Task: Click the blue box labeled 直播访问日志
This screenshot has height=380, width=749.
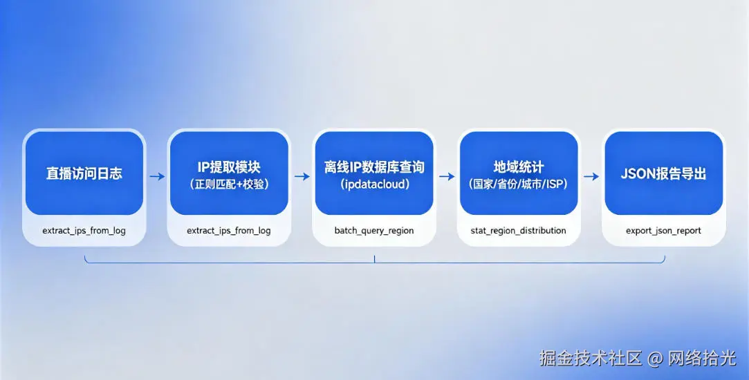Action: pyautogui.click(x=84, y=173)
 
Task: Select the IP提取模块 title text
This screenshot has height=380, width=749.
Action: pyautogui.click(x=229, y=167)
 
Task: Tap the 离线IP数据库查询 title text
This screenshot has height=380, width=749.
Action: pyautogui.click(x=374, y=167)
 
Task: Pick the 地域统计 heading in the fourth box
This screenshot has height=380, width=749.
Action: pyautogui.click(x=519, y=167)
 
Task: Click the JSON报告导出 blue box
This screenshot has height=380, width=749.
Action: pyautogui.click(x=664, y=173)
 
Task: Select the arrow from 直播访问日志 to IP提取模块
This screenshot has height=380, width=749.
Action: pyautogui.click(x=157, y=176)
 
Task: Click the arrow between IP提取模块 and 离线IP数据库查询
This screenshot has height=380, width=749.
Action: pyautogui.click(x=302, y=176)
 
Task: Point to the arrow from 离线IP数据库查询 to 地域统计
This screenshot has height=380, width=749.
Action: pyautogui.click(x=447, y=176)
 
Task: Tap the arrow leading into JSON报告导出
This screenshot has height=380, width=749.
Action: pyautogui.click(x=591, y=176)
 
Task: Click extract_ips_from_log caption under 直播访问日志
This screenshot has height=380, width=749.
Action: pyautogui.click(x=84, y=230)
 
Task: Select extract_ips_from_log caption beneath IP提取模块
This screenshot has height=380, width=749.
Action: pyautogui.click(x=229, y=230)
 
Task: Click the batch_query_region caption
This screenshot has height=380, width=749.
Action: pyautogui.click(x=374, y=230)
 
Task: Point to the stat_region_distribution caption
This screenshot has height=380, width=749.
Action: pyautogui.click(x=519, y=230)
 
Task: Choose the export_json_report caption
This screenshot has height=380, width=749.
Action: pyautogui.click(x=664, y=230)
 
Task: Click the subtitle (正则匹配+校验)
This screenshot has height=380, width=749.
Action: pyautogui.click(x=229, y=184)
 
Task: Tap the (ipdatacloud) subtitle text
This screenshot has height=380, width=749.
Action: pyautogui.click(x=374, y=184)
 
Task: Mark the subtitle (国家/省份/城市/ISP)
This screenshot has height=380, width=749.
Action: pyautogui.click(x=519, y=184)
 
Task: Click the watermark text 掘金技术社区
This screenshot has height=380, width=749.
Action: pyautogui.click(x=591, y=358)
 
